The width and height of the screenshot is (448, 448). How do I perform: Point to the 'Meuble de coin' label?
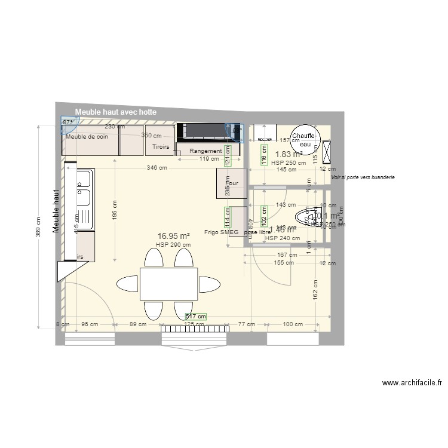click(87, 137)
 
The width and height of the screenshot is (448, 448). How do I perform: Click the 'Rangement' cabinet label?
click(205, 151)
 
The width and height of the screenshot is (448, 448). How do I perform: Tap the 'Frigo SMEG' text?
click(221, 232)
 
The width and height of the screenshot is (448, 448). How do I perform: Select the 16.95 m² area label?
click(173, 236)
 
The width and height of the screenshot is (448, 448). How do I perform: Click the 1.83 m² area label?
click(289, 154)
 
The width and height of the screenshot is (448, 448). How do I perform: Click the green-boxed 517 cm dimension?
click(196, 317)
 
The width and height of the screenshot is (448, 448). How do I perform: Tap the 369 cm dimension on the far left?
click(39, 226)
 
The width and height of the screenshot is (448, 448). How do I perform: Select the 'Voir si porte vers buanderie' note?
click(363, 177)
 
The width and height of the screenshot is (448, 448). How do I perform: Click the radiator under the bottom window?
click(194, 329)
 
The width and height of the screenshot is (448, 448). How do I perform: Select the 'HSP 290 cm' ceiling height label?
click(173, 244)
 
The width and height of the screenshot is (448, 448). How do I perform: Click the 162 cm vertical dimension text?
click(315, 293)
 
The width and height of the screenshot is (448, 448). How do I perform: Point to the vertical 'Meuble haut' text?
click(57, 211)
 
